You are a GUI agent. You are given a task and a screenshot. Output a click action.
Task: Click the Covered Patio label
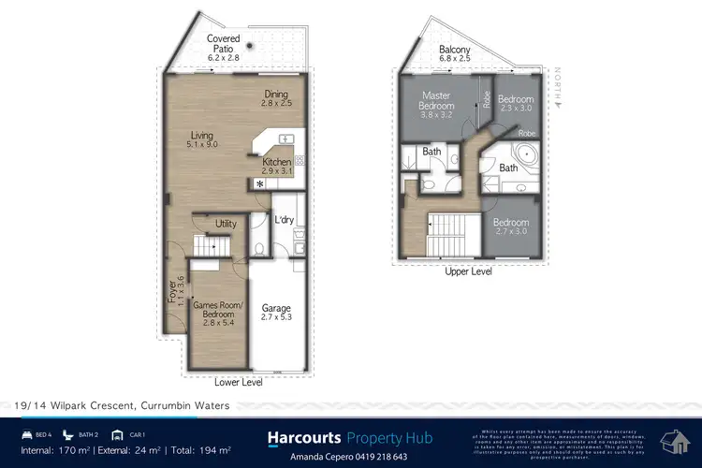point(223,43)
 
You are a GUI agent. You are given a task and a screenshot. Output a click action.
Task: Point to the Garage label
point(276,311)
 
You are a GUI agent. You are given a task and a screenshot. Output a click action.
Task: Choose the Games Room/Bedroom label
point(217,311)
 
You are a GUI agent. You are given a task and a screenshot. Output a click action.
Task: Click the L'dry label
point(285,220)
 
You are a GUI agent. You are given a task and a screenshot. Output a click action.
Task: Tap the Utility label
point(226,224)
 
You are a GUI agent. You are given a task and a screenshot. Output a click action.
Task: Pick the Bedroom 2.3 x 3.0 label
point(515,104)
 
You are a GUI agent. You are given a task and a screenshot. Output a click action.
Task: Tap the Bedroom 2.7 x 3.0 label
point(511,227)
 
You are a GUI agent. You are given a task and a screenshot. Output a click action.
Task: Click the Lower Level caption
point(239,382)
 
